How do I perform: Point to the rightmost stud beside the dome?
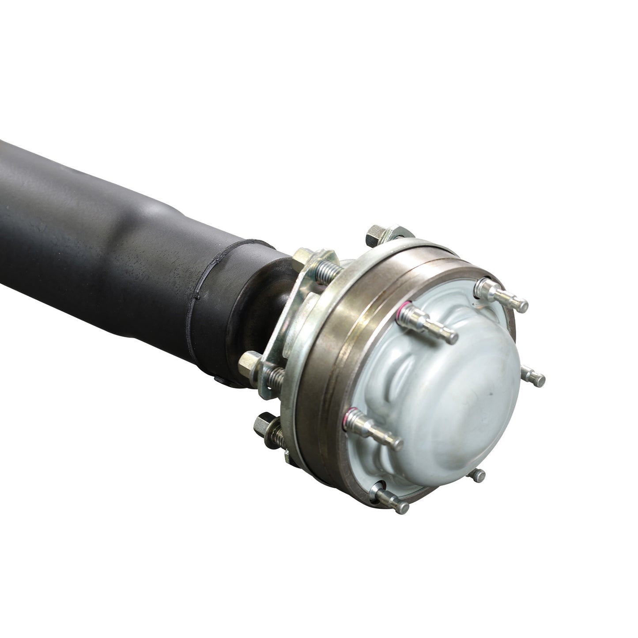tap(533, 376)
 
